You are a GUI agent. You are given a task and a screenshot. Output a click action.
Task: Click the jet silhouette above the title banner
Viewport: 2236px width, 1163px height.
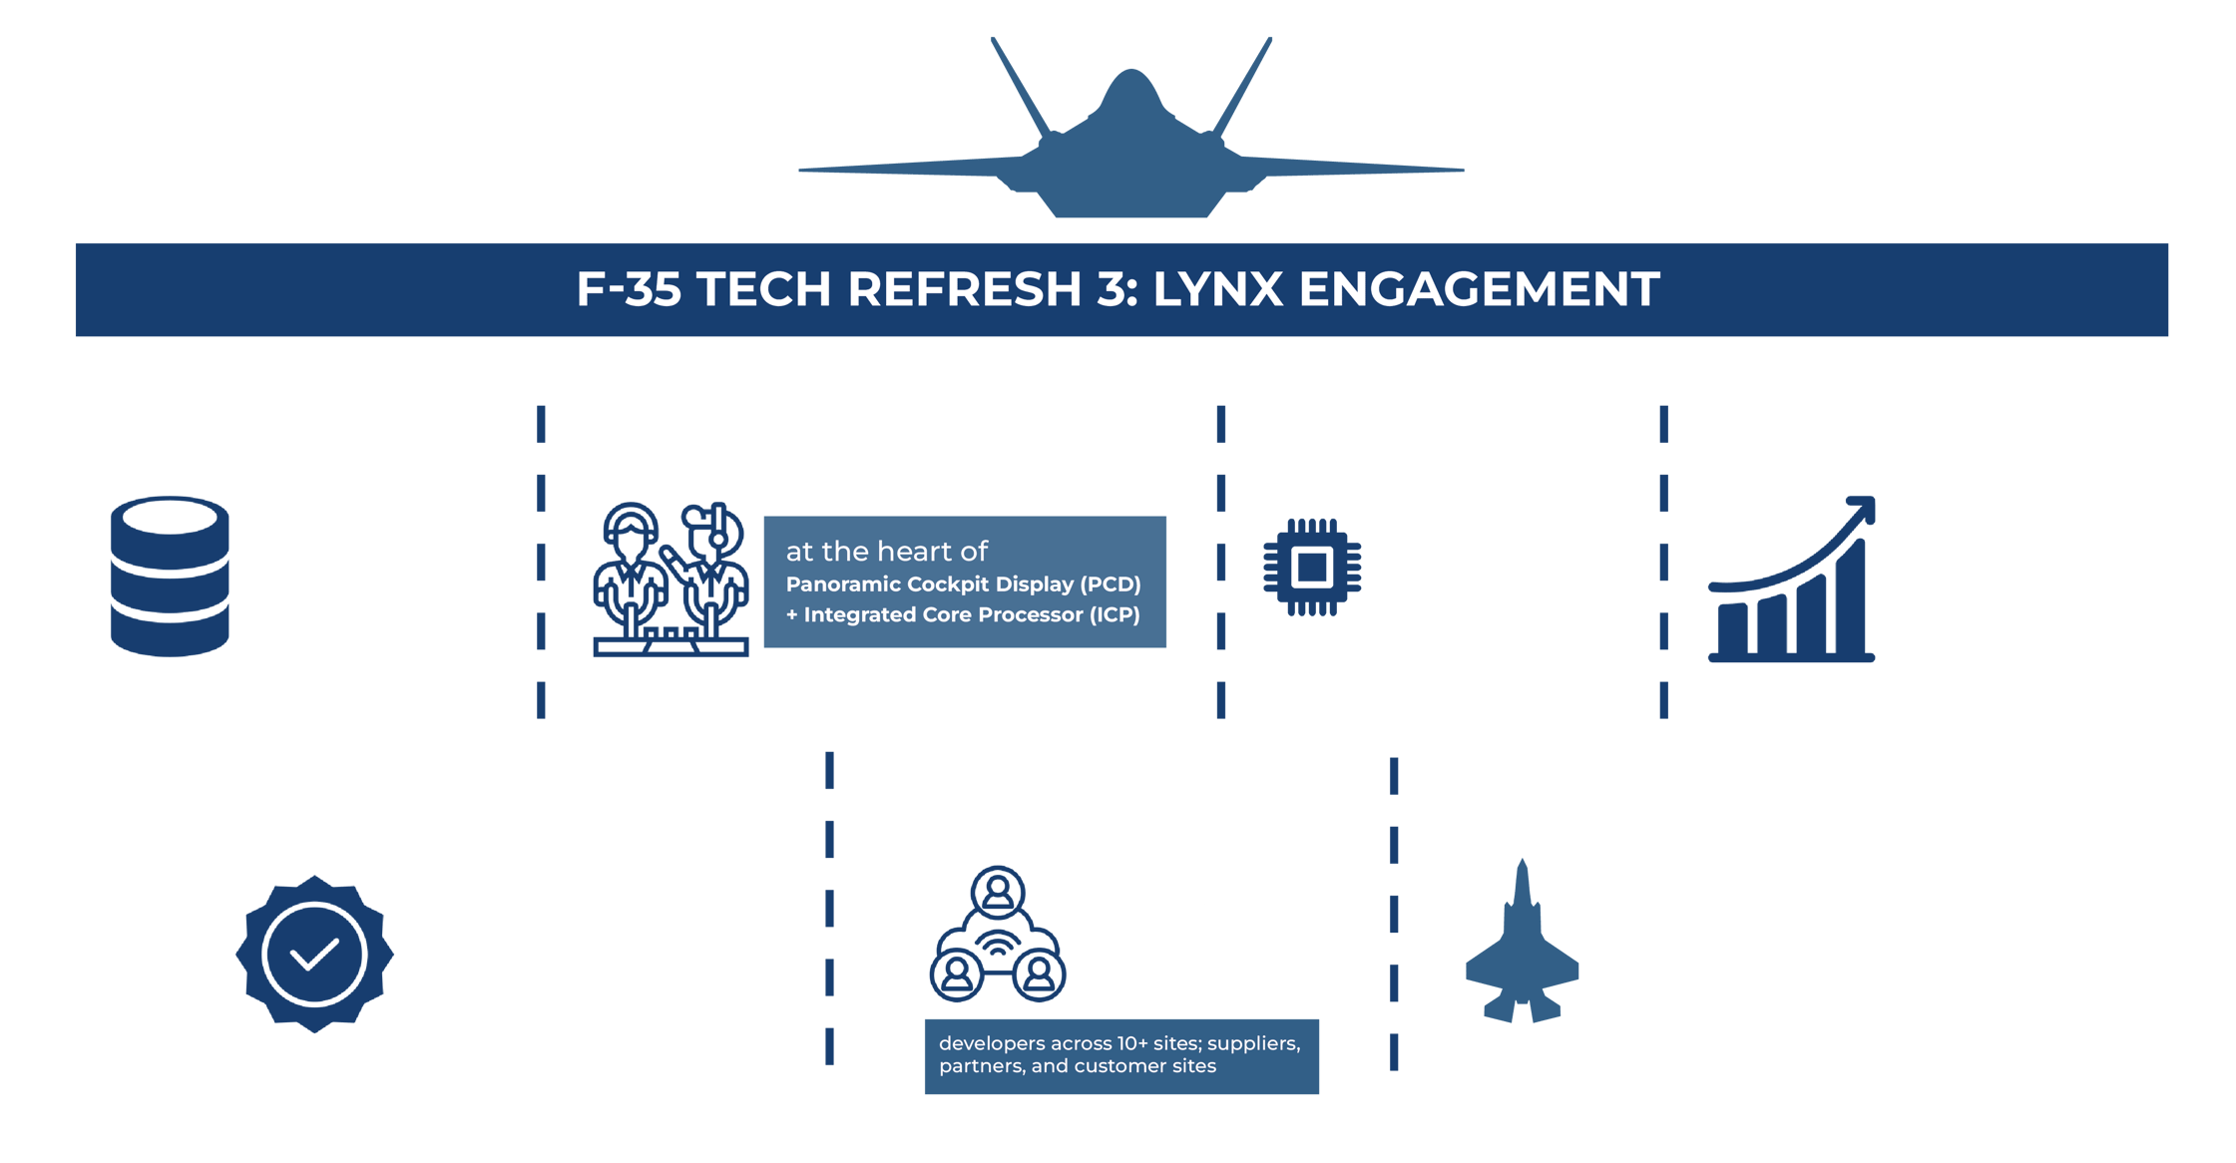[x=1130, y=150]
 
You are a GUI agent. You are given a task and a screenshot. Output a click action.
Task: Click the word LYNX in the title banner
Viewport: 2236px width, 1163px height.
[x=1217, y=289]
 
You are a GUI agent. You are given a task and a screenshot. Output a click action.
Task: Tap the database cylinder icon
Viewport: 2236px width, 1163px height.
[x=170, y=577]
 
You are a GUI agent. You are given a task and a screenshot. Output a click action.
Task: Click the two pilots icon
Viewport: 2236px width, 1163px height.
[x=671, y=579]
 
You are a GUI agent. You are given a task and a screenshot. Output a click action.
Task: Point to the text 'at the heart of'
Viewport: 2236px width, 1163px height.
[x=886, y=551]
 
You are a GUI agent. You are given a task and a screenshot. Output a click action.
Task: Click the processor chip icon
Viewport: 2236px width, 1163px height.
[x=1311, y=567]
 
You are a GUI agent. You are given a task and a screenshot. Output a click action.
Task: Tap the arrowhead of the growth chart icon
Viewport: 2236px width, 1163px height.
[x=1862, y=509]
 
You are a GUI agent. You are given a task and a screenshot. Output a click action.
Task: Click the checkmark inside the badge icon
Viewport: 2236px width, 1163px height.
[x=313, y=956]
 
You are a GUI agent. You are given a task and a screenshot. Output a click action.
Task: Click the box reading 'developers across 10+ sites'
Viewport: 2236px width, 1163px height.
[x=1120, y=1055]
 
